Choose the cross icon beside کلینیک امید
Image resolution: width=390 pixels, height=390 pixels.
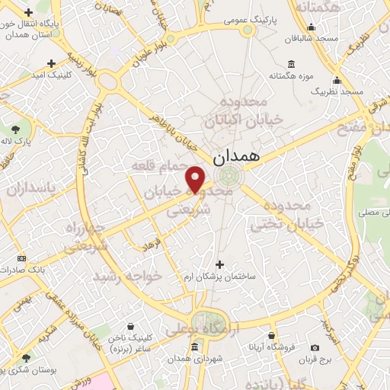coord(51,64)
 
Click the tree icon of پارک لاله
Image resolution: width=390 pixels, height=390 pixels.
coord(16,129)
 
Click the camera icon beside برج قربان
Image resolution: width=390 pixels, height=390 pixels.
coord(315,347)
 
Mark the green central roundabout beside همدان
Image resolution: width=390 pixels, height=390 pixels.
coord(227,177)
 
